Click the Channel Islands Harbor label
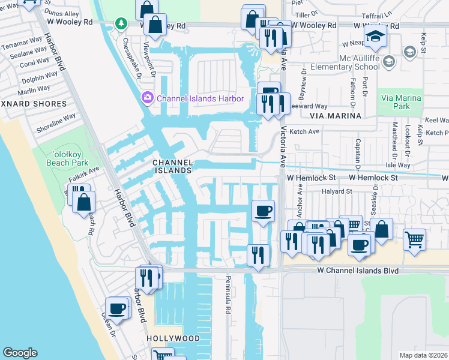(x=200, y=98)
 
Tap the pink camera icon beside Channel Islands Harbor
(x=147, y=97)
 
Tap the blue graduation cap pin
(x=375, y=37)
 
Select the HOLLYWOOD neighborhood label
(x=173, y=339)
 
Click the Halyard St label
(x=336, y=191)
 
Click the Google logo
(x=20, y=353)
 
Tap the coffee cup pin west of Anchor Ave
(x=264, y=211)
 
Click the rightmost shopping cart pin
(x=414, y=239)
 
